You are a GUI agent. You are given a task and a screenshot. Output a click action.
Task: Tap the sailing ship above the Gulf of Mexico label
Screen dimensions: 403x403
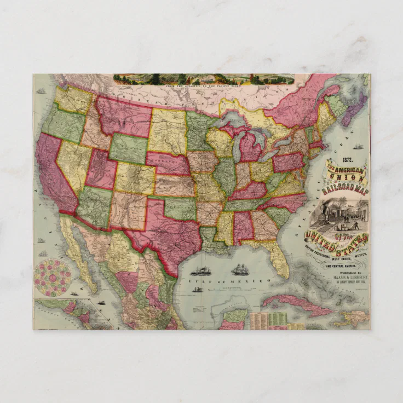239,269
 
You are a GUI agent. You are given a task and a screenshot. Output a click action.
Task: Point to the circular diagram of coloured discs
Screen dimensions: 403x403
53,277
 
